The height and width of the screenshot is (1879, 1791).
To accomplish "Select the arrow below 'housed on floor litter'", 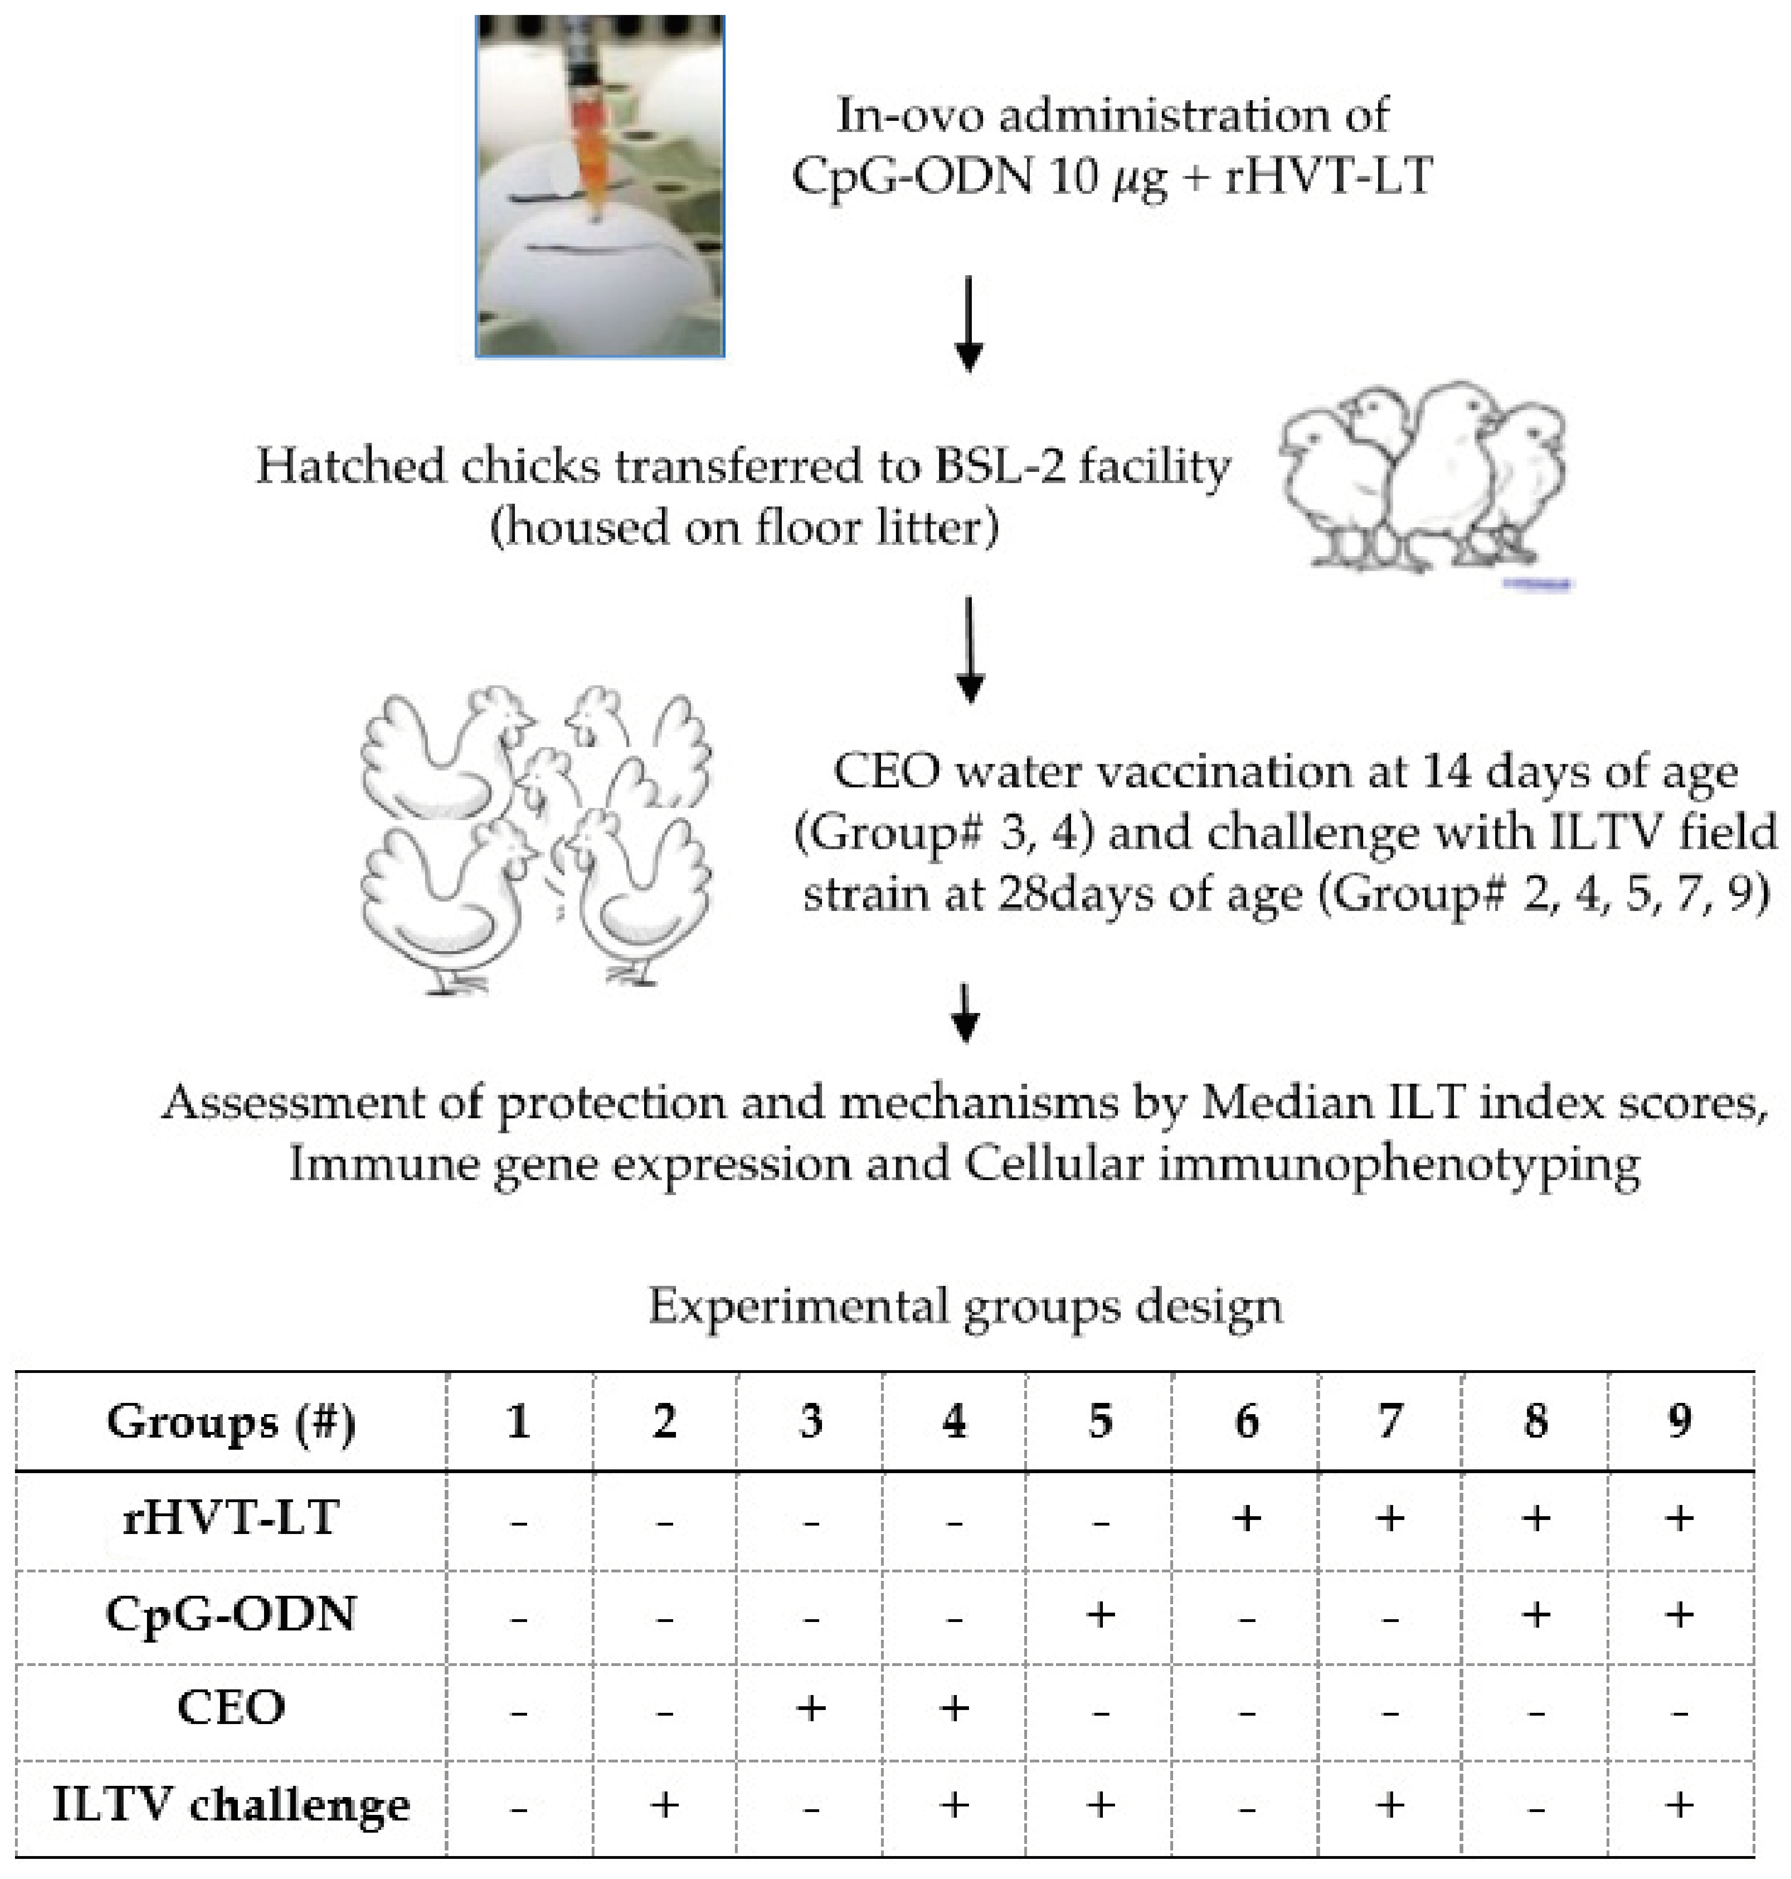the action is point(969,649).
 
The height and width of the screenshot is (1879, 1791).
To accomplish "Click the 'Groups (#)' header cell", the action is point(231,1422).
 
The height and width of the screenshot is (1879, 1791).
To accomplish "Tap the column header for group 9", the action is point(1679,1422).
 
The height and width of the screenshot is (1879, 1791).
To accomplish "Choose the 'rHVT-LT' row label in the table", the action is point(231,1518).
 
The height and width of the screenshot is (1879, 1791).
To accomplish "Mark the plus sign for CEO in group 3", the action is point(810,1707).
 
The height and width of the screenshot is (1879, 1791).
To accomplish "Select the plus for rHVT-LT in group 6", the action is point(1246,1518).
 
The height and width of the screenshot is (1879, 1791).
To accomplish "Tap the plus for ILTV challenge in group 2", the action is point(664,1805).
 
